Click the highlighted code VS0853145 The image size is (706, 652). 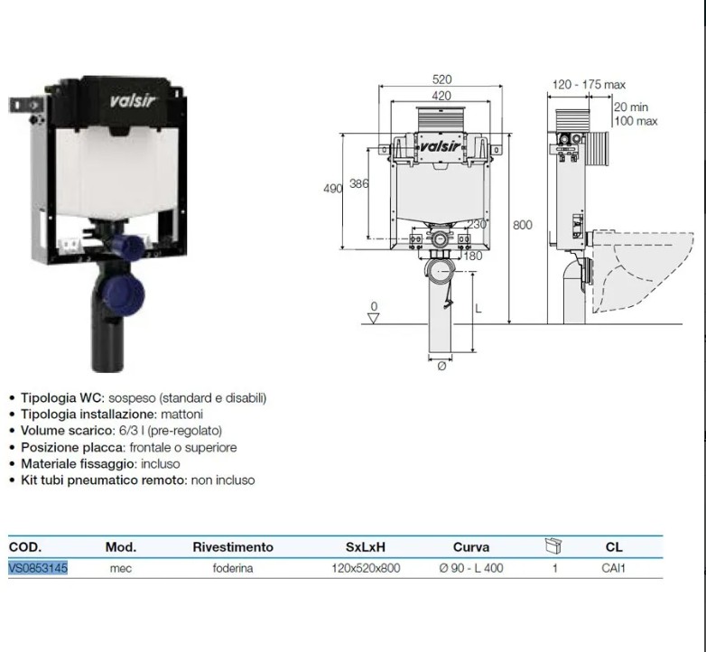(38, 568)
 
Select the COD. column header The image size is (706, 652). (25, 547)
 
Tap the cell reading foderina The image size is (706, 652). (233, 568)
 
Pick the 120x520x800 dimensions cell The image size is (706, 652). (366, 568)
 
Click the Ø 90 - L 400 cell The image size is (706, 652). (471, 568)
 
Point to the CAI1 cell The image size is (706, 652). (613, 568)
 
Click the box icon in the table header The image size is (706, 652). (553, 545)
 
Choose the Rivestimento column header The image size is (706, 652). (233, 547)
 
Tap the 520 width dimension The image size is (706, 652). (441, 79)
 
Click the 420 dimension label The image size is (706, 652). (441, 96)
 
